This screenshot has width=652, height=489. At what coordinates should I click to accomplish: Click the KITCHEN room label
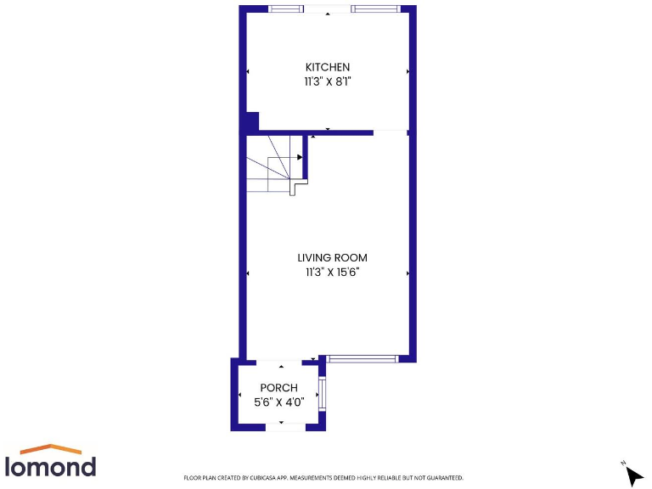[328, 67]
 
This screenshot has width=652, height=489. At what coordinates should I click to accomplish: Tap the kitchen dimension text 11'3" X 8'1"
[328, 82]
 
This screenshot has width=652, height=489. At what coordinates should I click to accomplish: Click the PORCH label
[278, 388]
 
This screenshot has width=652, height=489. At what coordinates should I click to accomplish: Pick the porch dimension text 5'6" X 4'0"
[278, 402]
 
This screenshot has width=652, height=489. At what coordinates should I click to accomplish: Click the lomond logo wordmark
[50, 466]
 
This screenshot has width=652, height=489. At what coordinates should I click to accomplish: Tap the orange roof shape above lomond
[50, 448]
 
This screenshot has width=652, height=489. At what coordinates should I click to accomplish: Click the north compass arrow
[633, 474]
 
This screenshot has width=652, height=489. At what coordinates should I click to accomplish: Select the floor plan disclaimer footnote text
[323, 478]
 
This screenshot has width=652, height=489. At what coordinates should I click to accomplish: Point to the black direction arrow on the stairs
[300, 157]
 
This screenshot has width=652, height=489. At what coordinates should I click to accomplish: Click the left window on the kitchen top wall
[285, 8]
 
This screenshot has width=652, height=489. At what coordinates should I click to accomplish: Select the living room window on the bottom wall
[363, 359]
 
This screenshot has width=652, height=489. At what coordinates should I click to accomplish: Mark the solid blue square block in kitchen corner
[251, 121]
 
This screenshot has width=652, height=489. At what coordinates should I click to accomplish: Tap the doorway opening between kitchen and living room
[390, 132]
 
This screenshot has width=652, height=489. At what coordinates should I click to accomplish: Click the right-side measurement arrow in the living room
[408, 273]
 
